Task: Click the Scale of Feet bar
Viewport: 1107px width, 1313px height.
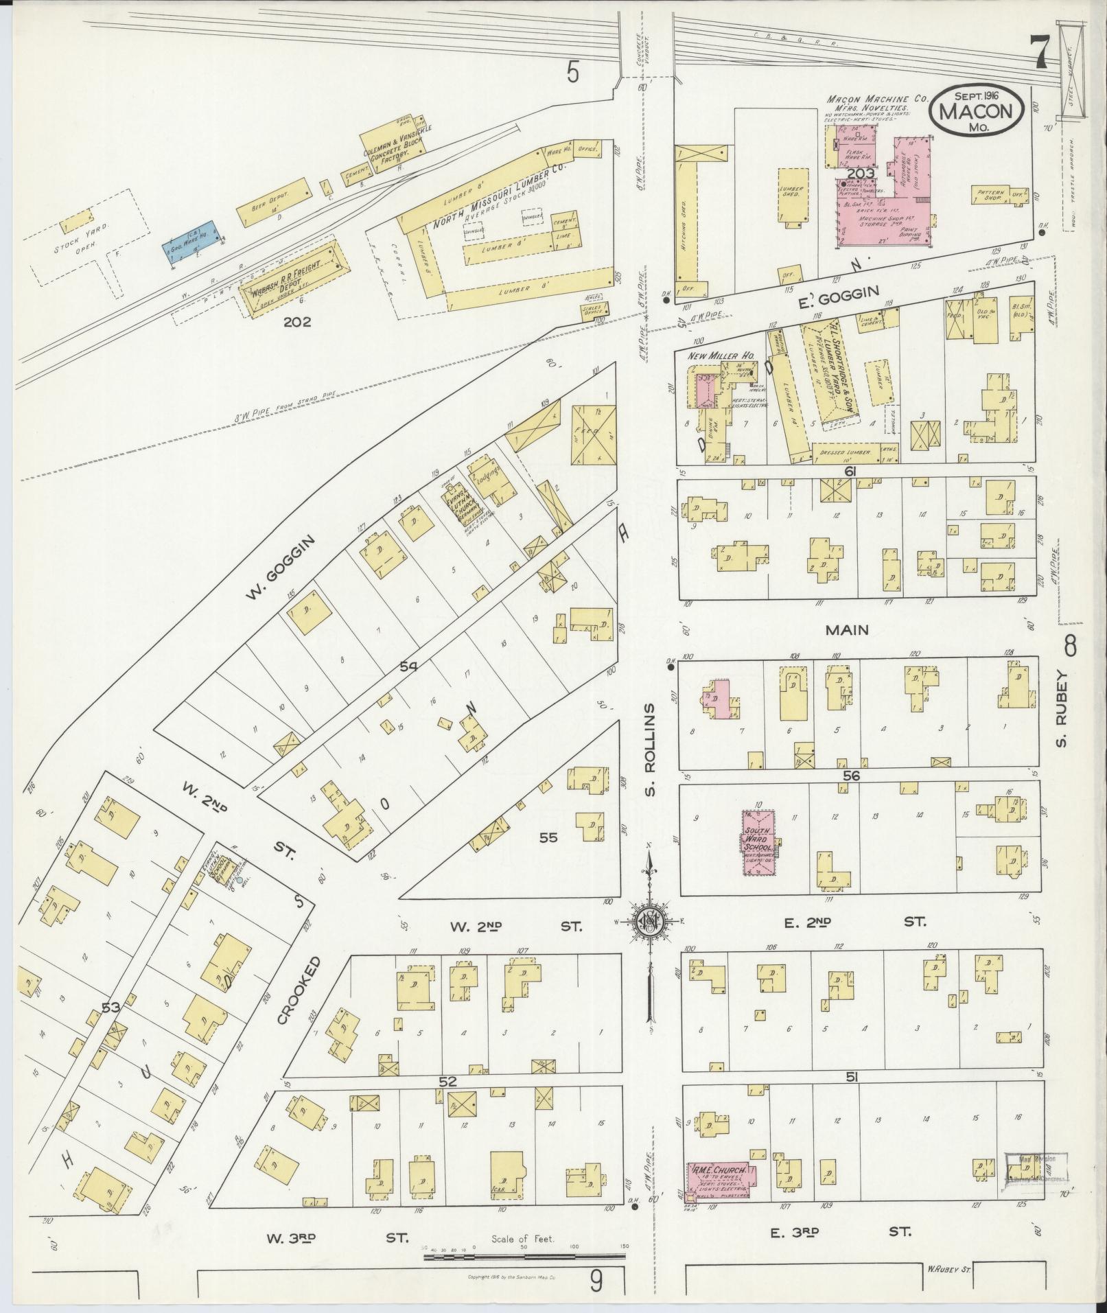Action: coord(525,1257)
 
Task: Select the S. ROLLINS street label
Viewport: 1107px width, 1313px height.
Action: coord(651,750)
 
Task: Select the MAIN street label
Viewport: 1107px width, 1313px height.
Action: coord(848,629)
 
